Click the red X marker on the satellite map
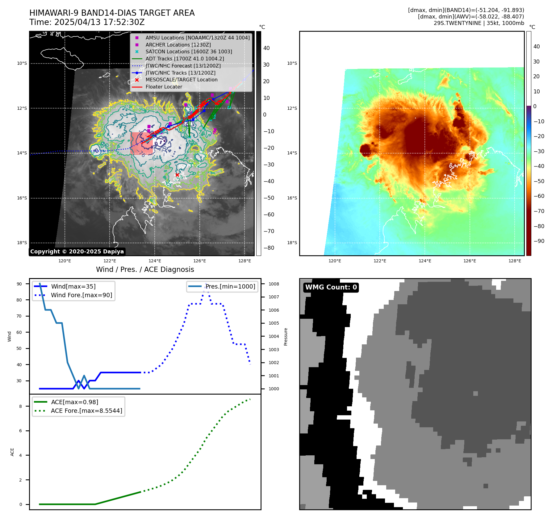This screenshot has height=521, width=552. coord(177,175)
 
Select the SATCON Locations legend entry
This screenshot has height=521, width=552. coord(189,52)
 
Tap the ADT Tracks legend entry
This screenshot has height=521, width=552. coord(185,59)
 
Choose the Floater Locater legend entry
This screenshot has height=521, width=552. coord(164,87)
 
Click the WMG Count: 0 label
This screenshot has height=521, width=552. coord(331,287)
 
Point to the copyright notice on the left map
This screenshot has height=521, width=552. coord(77,252)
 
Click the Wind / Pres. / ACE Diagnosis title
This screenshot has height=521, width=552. coord(145,269)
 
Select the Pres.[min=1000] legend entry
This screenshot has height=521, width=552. coord(230,286)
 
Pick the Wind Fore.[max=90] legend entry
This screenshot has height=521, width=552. coord(82,295)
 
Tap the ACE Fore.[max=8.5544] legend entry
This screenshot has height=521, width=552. coord(86,411)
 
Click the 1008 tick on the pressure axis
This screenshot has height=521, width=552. coord(274,284)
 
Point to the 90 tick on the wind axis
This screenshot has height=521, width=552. coord(19,284)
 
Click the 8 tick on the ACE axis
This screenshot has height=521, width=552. coord(20,406)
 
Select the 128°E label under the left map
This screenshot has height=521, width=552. coord(245,261)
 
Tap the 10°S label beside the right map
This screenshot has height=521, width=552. coord(292,64)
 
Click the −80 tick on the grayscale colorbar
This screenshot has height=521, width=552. coord(269,248)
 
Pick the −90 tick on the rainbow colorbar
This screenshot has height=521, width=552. coord(539,241)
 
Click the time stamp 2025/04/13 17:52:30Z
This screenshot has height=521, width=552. coord(99,23)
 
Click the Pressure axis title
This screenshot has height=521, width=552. coord(286,337)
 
